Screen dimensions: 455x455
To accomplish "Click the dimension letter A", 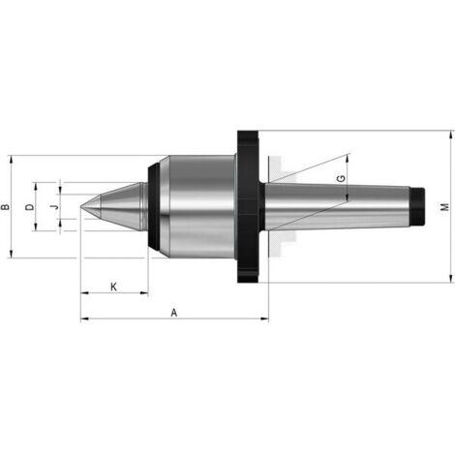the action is coord(174,313).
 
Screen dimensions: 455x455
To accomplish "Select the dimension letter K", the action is coord(113,287).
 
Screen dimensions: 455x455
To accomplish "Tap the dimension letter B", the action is coord(6,207).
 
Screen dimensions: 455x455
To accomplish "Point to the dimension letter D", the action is coord(30,207).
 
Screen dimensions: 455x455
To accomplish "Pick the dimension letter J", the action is coord(56,206).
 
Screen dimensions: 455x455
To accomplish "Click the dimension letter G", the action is coord(341,178).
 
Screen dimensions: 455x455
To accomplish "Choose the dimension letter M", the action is coord(445,207).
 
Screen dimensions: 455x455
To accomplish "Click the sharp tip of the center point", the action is coord(80,206).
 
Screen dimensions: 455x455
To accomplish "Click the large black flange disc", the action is coord(248,206).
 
